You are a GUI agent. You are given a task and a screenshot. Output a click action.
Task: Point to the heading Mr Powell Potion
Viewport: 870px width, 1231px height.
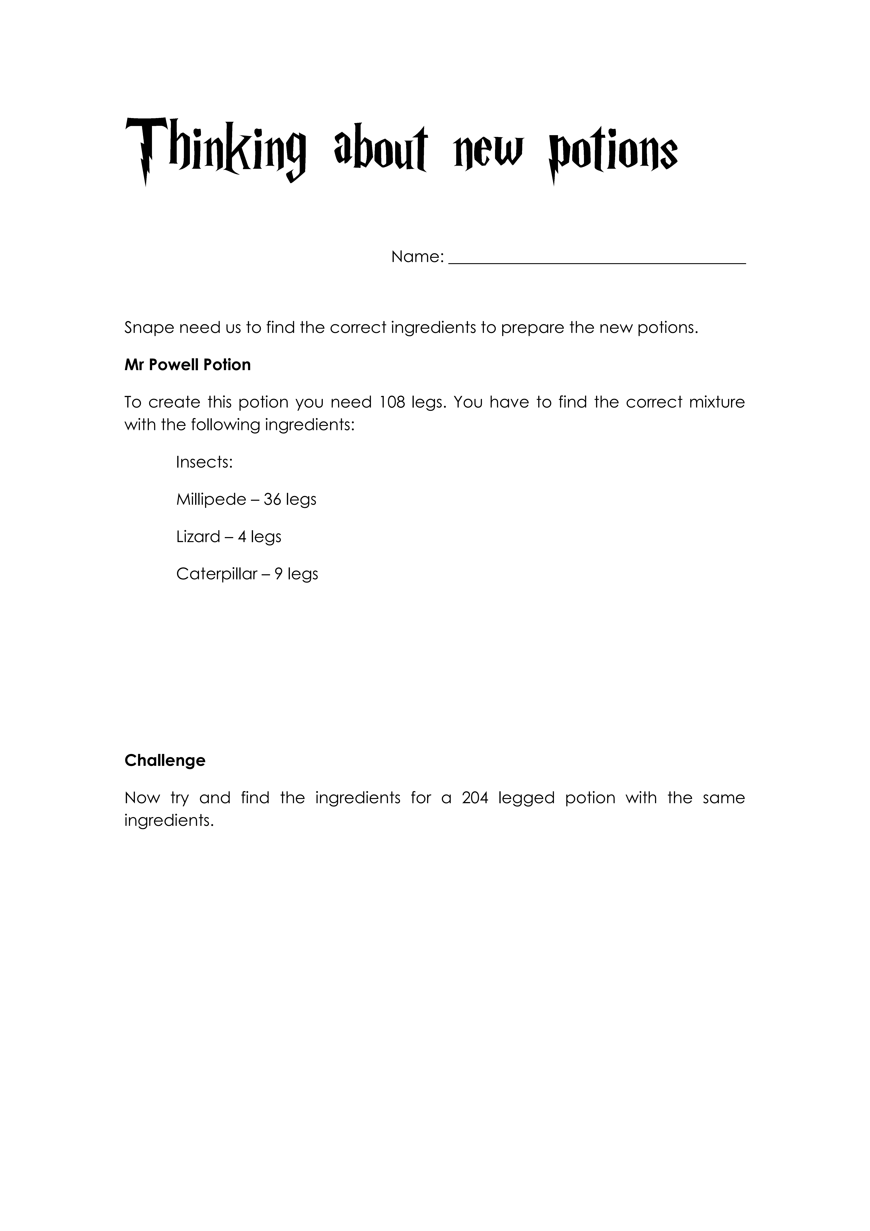click(x=188, y=365)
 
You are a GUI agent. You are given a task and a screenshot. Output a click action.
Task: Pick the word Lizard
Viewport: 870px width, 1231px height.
click(x=198, y=537)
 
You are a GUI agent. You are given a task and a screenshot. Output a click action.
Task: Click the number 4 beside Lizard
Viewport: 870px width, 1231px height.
click(x=242, y=537)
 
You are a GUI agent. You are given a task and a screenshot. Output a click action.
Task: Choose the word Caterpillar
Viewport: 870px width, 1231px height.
click(x=217, y=574)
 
